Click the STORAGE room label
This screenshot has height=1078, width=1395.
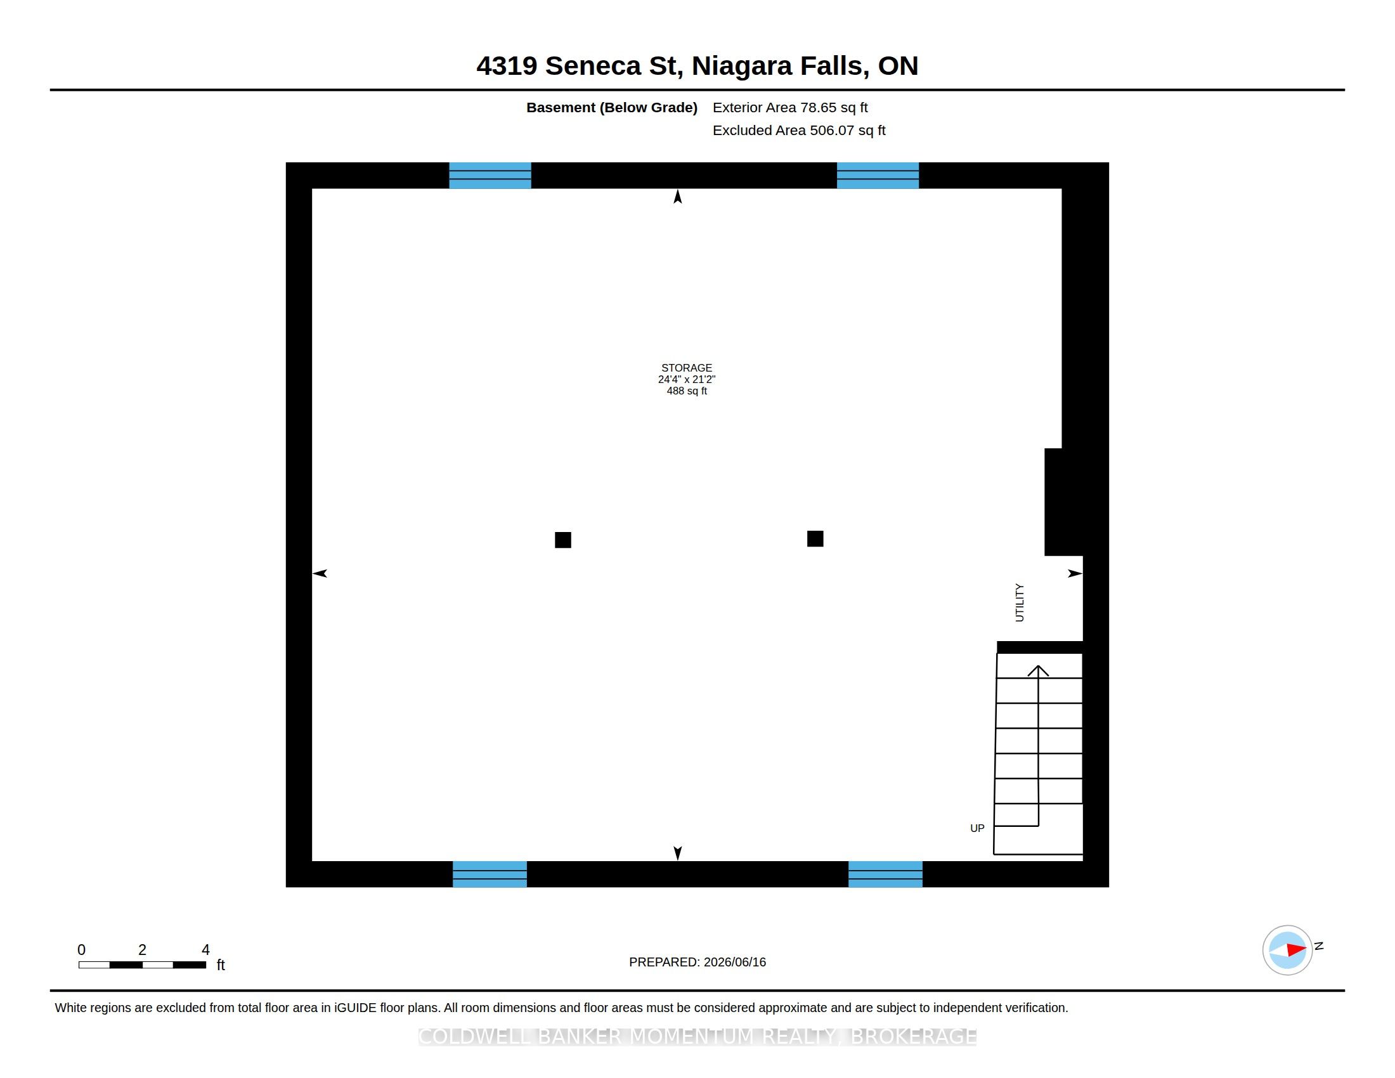click(x=686, y=368)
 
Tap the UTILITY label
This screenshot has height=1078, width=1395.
click(x=1020, y=602)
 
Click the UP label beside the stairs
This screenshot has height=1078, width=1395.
click(x=977, y=828)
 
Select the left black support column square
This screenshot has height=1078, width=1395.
click(x=562, y=540)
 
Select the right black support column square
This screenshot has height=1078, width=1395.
click(x=815, y=539)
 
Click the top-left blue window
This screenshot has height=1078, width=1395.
click(x=490, y=176)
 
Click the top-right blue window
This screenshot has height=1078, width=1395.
click(x=878, y=176)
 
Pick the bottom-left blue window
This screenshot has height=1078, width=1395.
click(x=490, y=874)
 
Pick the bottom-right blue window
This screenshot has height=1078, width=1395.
click(x=885, y=874)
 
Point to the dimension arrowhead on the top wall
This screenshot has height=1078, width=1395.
click(x=678, y=197)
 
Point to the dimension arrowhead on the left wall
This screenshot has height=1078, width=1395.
click(x=320, y=573)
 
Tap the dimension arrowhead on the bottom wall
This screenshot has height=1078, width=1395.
click(x=678, y=853)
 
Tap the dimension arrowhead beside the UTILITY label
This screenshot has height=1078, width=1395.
click(x=1075, y=573)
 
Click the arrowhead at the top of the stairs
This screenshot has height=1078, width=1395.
click(x=1038, y=670)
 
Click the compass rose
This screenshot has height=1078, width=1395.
click(x=1287, y=951)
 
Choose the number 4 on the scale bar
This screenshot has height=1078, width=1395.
click(x=205, y=950)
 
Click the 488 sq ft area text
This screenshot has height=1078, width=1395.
click(x=687, y=391)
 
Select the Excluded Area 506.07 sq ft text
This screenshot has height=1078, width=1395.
click(x=799, y=130)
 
